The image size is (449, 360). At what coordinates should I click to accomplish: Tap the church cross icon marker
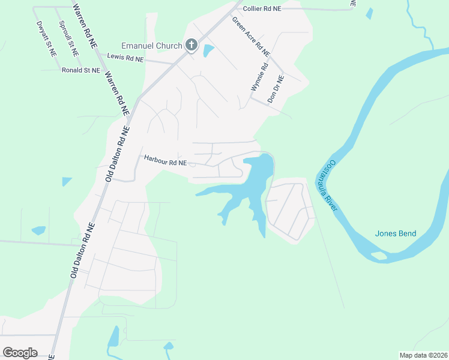[x=191, y=45]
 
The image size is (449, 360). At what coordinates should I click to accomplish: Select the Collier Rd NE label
[x=262, y=8]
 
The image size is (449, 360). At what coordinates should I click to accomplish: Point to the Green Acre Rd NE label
[x=252, y=37]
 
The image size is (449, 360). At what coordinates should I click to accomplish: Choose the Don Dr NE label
[x=276, y=88]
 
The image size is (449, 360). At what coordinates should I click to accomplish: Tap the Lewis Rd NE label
[x=125, y=58]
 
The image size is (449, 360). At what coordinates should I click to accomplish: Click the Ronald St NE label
[x=80, y=70]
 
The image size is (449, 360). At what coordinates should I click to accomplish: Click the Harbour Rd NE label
[x=166, y=161]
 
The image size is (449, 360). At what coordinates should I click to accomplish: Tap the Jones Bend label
[x=395, y=233]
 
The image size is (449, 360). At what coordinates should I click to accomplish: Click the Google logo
[x=20, y=352]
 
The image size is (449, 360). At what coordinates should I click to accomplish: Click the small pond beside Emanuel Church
[x=208, y=50]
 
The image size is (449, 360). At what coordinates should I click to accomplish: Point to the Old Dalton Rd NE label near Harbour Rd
[x=117, y=154]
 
